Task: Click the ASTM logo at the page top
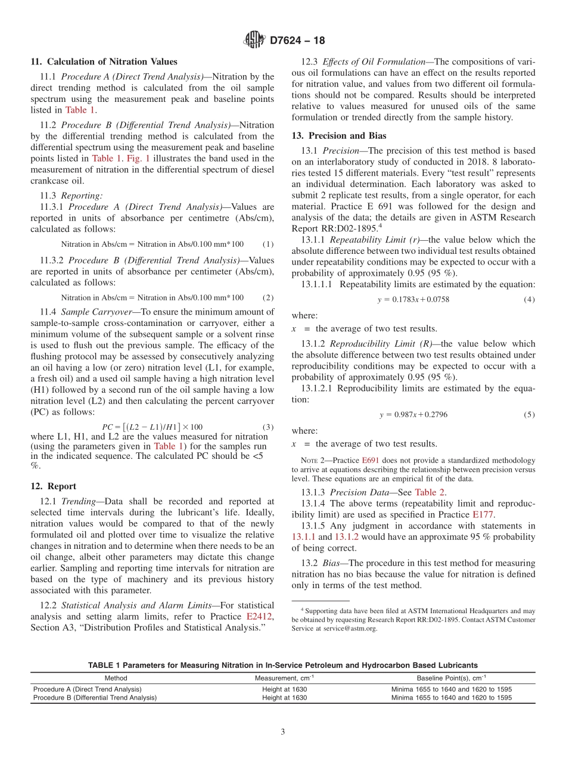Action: point(254,41)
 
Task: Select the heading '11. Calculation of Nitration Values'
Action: point(104,62)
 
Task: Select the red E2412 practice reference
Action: point(260,616)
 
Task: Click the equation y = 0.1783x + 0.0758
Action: point(413,299)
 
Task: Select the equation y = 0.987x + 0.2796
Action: point(413,415)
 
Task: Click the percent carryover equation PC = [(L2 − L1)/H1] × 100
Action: point(153,427)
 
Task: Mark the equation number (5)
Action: point(529,415)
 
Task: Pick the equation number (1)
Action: point(268,244)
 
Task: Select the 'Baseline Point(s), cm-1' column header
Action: point(451,678)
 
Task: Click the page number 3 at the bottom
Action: point(283,732)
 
